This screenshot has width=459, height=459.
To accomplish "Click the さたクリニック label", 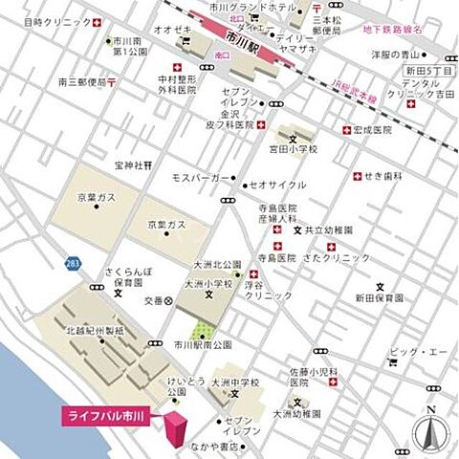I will click(x=341, y=257).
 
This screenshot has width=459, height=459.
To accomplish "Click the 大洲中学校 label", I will click(x=236, y=383).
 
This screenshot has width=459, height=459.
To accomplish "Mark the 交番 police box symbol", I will click(x=169, y=300).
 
